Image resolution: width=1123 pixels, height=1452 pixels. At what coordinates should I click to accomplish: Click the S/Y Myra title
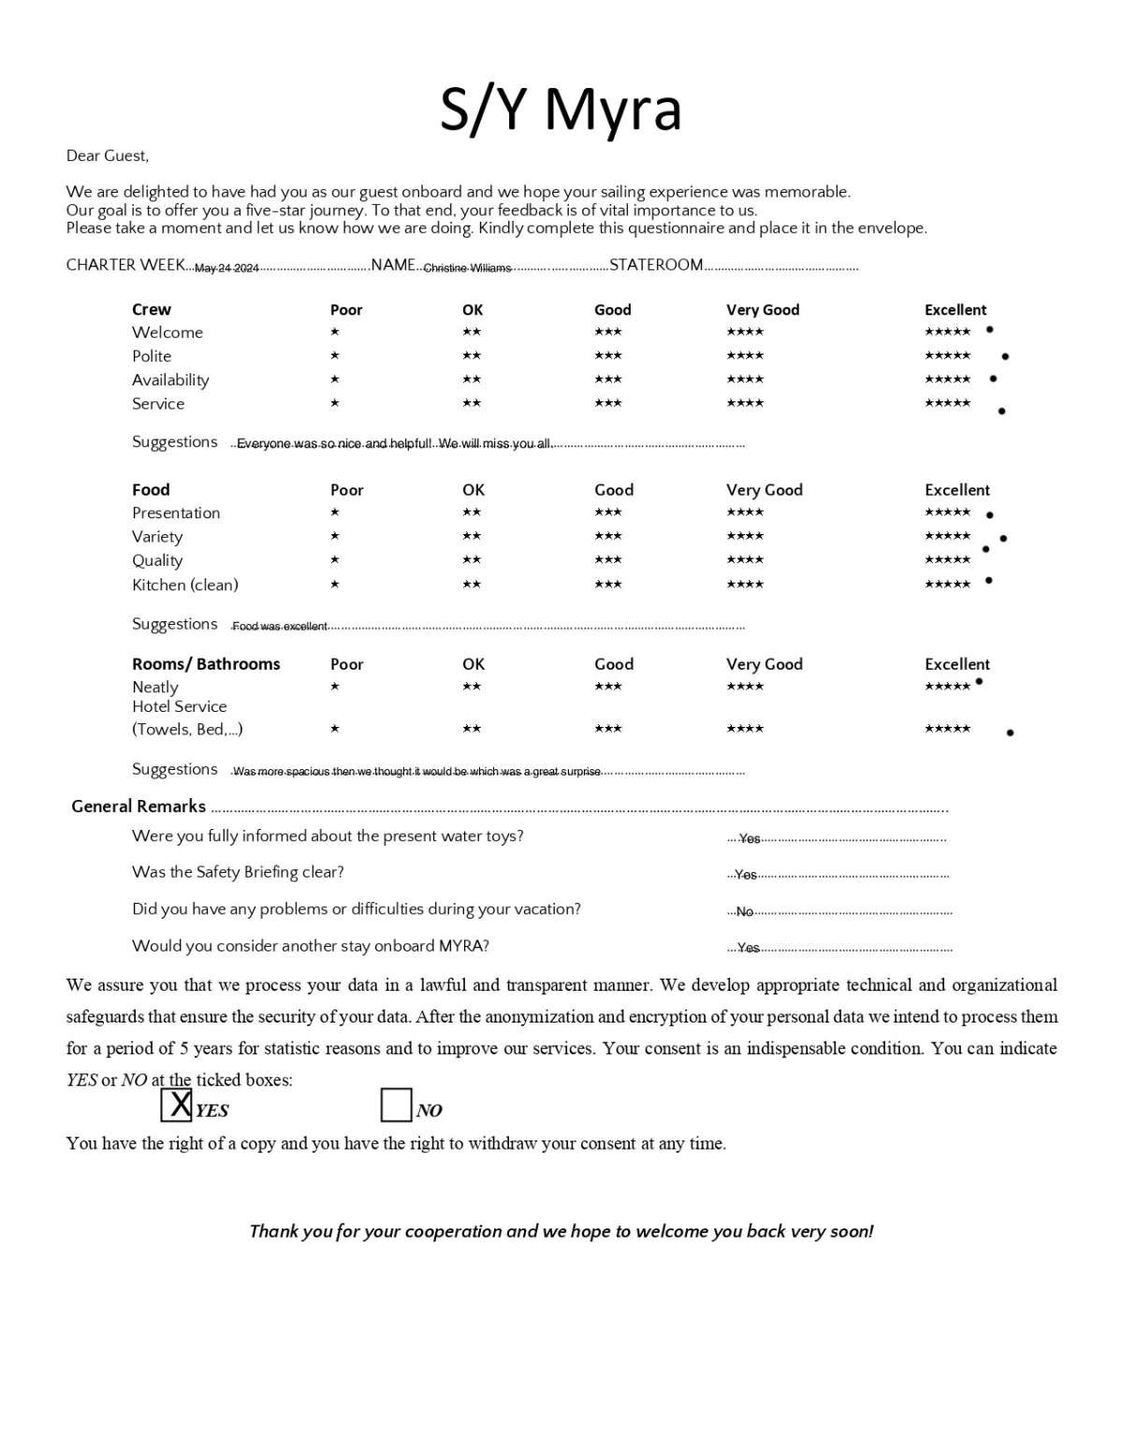(561, 109)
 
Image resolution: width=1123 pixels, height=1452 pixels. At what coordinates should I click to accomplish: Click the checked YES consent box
(176, 1105)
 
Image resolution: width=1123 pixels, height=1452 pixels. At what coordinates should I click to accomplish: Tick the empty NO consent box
(396, 1105)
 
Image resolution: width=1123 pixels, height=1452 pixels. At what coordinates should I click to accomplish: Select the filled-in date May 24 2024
(226, 269)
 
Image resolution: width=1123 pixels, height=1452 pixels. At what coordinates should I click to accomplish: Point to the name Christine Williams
(467, 269)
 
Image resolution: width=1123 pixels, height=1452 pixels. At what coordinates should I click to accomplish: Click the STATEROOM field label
(656, 266)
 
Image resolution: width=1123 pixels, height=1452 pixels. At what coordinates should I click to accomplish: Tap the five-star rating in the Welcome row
(947, 332)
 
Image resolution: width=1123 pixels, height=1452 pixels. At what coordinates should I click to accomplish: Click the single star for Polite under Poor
(335, 356)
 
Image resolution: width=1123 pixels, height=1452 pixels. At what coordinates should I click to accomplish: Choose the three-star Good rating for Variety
(608, 537)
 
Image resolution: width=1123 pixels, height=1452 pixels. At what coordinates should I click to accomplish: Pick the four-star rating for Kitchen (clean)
(745, 585)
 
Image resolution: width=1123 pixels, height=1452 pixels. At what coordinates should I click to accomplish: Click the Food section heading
(151, 490)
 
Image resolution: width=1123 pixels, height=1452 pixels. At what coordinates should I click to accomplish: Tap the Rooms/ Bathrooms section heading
(206, 664)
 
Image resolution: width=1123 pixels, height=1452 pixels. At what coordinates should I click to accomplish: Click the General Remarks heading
(139, 806)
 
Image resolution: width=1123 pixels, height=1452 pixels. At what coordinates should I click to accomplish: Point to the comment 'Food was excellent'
(280, 627)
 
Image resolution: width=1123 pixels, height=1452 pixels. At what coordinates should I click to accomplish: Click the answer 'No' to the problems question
(745, 912)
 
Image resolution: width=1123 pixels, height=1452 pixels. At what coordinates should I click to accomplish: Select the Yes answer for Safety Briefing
(746, 876)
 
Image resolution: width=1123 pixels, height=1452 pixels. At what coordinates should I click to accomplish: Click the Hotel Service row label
(179, 707)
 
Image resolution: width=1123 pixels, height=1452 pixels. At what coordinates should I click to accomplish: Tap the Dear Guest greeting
(108, 156)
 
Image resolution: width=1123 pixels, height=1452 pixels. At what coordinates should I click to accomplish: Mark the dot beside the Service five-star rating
(1001, 412)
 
